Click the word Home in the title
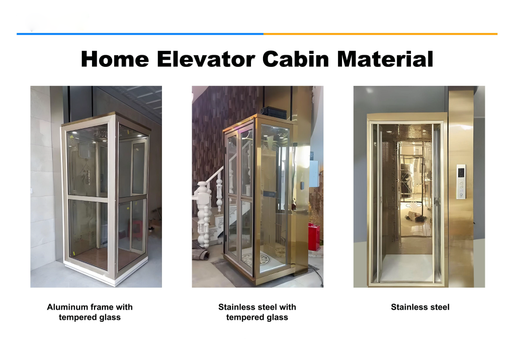pos(115,59)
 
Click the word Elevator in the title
pos(206,59)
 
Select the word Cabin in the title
pos(296,59)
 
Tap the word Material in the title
pos(385,59)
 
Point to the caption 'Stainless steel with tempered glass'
pos(257,312)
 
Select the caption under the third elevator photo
pos(420,307)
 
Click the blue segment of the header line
pos(140,34)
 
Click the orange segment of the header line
pos(380,34)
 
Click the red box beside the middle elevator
pos(314,237)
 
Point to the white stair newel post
pos(204,214)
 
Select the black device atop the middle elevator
pos(274,112)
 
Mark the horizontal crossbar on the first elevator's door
pos(88,199)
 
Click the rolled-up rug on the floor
pos(200,254)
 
